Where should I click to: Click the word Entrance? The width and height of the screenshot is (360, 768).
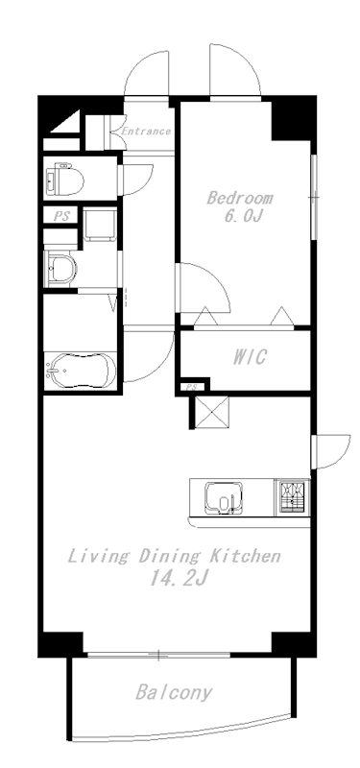pyautogui.click(x=146, y=132)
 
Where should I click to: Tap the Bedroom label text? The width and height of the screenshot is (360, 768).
pyautogui.click(x=239, y=199)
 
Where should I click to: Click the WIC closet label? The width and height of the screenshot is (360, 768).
pyautogui.click(x=250, y=357)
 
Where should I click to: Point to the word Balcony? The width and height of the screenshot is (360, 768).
pyautogui.click(x=174, y=692)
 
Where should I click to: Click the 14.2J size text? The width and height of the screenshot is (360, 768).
pyautogui.click(x=180, y=579)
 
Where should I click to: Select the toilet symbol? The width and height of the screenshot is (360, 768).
pyautogui.click(x=64, y=179)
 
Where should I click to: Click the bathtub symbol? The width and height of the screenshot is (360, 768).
pyautogui.click(x=81, y=371)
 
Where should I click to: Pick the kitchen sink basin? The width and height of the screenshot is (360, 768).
pyautogui.click(x=224, y=497)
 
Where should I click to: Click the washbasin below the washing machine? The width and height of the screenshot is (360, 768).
pyautogui.click(x=60, y=269)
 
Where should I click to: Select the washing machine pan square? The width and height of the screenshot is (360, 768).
pyautogui.click(x=100, y=225)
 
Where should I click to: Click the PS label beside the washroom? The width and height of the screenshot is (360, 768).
pyautogui.click(x=61, y=217)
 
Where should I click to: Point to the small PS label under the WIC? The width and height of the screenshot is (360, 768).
pyautogui.click(x=192, y=387)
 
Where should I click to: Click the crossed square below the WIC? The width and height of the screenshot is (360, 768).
pyautogui.click(x=211, y=413)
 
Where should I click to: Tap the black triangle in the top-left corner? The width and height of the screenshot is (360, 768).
pyautogui.click(x=66, y=123)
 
